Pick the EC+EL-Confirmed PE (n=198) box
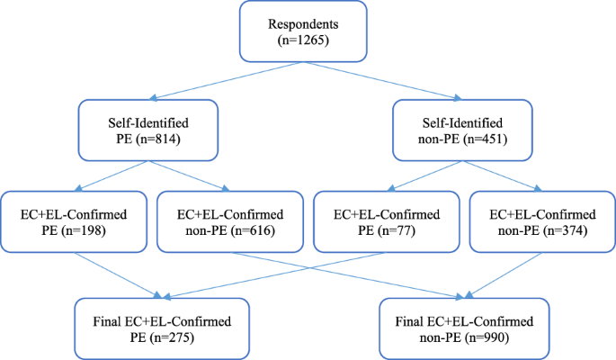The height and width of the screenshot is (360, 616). [x=74, y=221]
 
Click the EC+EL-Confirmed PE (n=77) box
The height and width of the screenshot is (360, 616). [x=384, y=221]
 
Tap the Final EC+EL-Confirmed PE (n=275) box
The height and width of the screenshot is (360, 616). [x=155, y=325]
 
